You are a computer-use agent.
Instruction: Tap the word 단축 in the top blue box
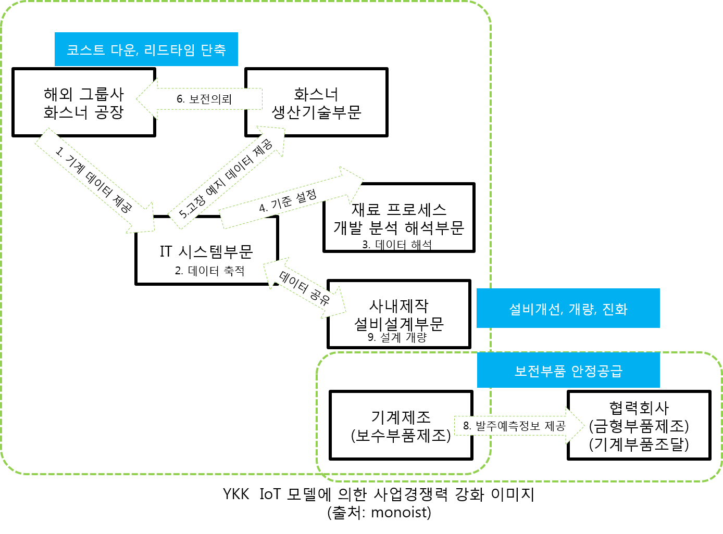214,50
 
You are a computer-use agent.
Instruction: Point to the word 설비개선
534,309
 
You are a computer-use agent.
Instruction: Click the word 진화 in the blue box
615,309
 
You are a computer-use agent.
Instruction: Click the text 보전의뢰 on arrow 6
210,99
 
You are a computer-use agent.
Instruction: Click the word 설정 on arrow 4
306,197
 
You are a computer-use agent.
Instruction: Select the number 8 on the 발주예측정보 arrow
466,426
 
